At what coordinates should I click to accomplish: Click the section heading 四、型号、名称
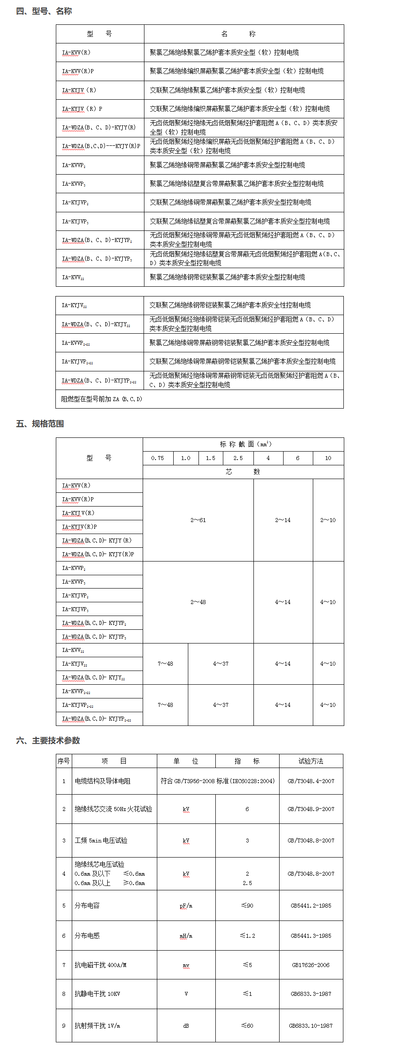point(44,11)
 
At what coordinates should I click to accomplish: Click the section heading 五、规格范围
point(40,424)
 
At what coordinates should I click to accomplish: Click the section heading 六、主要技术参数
point(48,741)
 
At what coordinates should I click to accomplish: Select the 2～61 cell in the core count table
point(198,520)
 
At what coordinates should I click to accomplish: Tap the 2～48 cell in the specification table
point(198,602)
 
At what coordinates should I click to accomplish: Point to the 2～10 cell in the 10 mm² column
point(328,520)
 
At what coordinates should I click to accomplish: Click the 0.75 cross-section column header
point(157,458)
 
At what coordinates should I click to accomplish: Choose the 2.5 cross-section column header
point(238,458)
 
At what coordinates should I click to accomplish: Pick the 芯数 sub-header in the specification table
point(243,472)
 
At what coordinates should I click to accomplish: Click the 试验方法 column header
point(311,761)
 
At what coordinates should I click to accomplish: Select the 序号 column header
point(63,761)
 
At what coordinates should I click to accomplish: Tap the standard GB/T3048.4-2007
point(311,781)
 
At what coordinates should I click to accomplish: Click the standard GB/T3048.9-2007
point(311,809)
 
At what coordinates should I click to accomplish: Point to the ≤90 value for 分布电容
point(247,905)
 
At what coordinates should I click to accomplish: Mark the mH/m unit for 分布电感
point(186,936)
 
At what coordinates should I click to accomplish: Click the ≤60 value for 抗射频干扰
point(247,1026)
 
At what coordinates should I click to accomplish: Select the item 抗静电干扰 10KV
point(97,994)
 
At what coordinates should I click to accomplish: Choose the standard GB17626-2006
point(311,965)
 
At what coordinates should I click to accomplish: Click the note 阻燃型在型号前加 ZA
point(102,399)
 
